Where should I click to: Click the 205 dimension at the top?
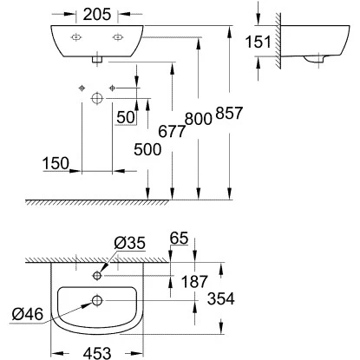97,14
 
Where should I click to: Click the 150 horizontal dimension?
56,162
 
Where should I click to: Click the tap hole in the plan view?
97,277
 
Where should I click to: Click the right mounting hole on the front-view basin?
117,38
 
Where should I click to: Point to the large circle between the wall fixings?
97,100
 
